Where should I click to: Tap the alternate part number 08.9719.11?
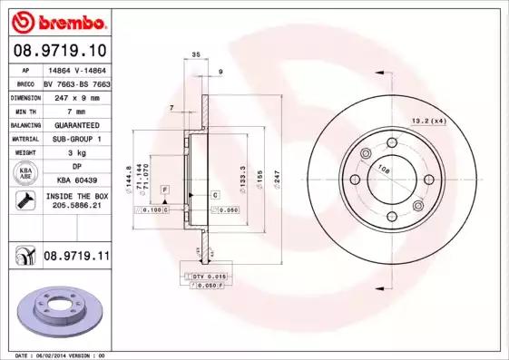[76, 257]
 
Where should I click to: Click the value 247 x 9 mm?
[76, 97]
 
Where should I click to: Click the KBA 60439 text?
[76, 180]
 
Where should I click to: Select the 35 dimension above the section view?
[197, 56]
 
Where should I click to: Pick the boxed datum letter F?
[165, 188]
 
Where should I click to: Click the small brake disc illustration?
[61, 313]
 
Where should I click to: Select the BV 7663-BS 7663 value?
[76, 83]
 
